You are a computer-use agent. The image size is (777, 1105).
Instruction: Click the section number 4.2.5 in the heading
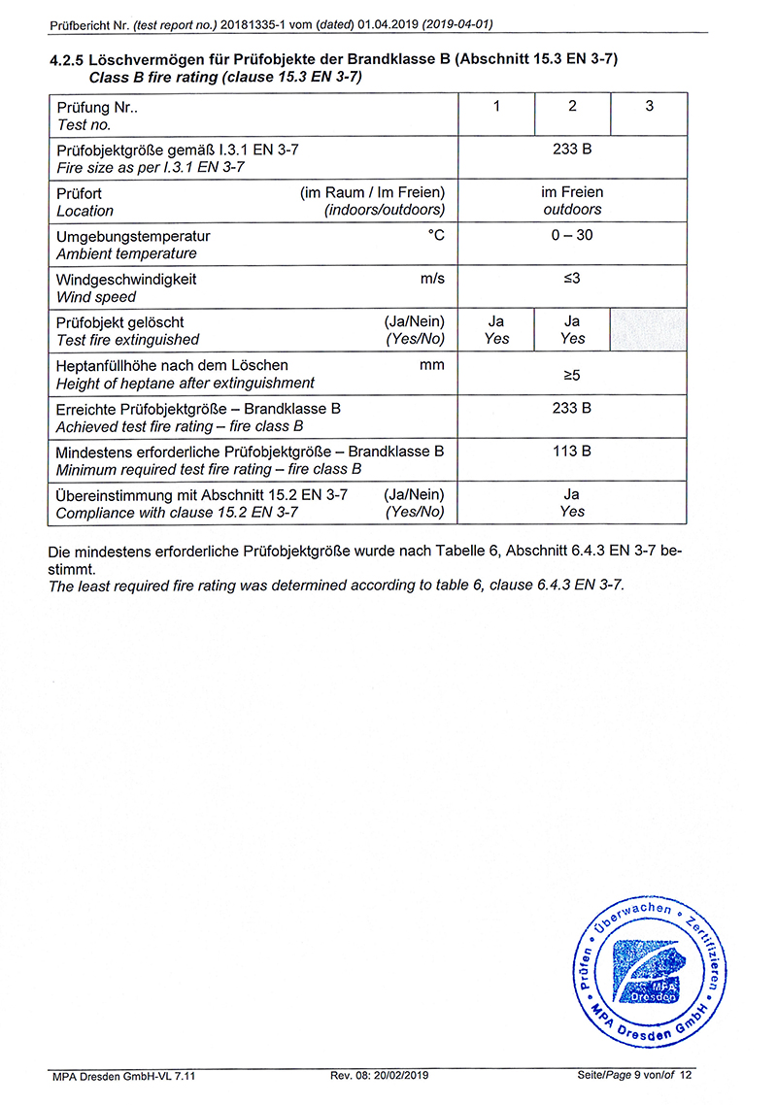(66, 60)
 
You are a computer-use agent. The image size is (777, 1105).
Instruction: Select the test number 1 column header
(496, 107)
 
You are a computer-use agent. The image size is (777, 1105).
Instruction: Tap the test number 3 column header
(649, 107)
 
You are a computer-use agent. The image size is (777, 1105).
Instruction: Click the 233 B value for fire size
(572, 150)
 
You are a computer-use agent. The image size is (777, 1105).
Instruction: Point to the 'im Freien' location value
(572, 192)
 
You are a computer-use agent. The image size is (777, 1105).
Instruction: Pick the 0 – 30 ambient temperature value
(572, 236)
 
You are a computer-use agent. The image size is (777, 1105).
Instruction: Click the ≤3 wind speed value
(572, 280)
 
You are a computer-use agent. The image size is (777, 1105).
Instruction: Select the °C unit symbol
(436, 236)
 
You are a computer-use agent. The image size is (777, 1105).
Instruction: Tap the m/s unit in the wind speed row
(432, 280)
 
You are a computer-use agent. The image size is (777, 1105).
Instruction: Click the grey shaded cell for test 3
(649, 330)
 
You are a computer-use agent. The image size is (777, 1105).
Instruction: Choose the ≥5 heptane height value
(572, 374)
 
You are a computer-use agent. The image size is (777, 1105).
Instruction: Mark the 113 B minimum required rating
(572, 452)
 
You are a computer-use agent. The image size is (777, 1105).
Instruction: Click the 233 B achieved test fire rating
(572, 409)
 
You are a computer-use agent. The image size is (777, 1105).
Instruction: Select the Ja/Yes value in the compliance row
(572, 503)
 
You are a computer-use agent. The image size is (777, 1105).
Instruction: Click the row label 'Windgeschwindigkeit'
(126, 280)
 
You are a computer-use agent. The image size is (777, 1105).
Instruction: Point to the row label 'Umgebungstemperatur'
(133, 236)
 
